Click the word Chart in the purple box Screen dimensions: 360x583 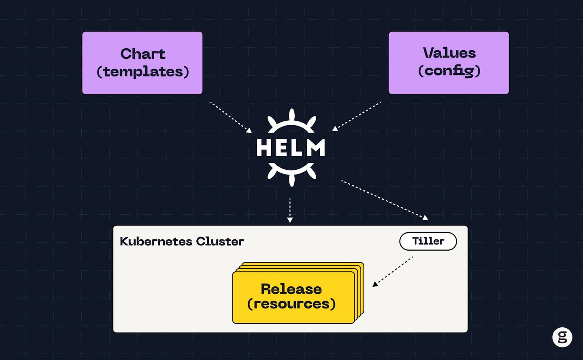pyautogui.click(x=143, y=54)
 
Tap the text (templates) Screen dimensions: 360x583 pyautogui.click(x=143, y=72)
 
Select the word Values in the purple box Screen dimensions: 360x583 pyautogui.click(x=449, y=53)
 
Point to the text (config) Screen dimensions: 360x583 pyautogui.click(x=449, y=71)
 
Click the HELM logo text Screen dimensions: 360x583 pyautogui.click(x=291, y=148)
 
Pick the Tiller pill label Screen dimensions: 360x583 pyautogui.click(x=428, y=241)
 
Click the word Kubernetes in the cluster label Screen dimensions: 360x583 pyautogui.click(x=156, y=241)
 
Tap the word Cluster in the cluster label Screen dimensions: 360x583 pyautogui.click(x=220, y=241)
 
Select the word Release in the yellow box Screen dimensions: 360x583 pyautogui.click(x=291, y=289)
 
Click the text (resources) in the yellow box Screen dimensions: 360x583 pyautogui.click(x=291, y=304)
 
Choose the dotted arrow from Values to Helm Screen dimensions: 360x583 pyautogui.click(x=357, y=117)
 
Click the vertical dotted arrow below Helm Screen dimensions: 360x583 pyautogui.click(x=290, y=210)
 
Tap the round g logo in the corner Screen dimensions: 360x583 pyautogui.click(x=562, y=337)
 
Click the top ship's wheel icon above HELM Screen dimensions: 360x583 pyautogui.click(x=291, y=121)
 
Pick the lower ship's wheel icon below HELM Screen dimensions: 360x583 pyautogui.click(x=291, y=173)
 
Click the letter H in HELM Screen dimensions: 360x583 pyautogui.click(x=264, y=148)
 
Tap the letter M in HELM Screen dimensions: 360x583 pyautogui.click(x=315, y=148)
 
